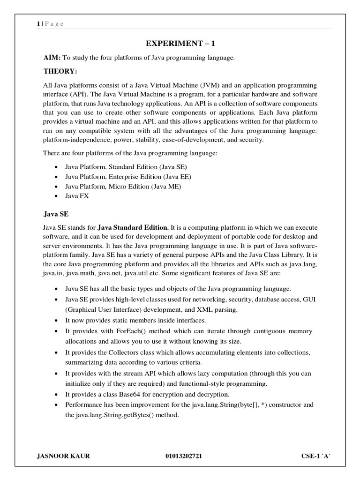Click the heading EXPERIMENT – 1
[x=180, y=44]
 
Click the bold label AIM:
[x=52, y=58]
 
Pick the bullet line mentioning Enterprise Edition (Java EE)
[x=128, y=177]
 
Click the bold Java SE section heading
[x=56, y=214]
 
